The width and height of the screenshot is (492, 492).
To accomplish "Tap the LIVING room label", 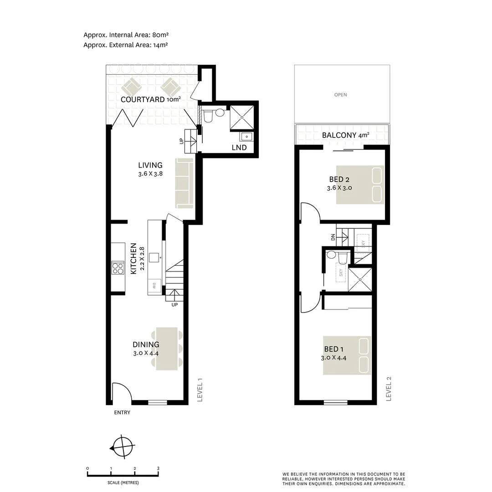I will click(x=150, y=165).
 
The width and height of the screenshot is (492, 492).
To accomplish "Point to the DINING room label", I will click(x=146, y=345).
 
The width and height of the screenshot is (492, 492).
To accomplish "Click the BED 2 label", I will click(x=339, y=179).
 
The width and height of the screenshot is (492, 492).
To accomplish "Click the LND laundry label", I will click(x=239, y=148).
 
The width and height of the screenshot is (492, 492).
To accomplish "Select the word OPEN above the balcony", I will click(x=341, y=95).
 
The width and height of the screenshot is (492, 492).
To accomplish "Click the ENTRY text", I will click(x=122, y=413).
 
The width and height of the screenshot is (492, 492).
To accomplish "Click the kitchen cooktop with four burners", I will click(x=118, y=268).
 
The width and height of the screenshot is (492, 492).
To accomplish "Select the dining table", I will click(x=167, y=348).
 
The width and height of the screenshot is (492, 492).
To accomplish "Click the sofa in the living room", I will click(x=184, y=184).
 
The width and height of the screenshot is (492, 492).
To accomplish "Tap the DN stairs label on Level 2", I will click(x=333, y=237).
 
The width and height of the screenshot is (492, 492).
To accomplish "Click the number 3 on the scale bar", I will click(x=158, y=468).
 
